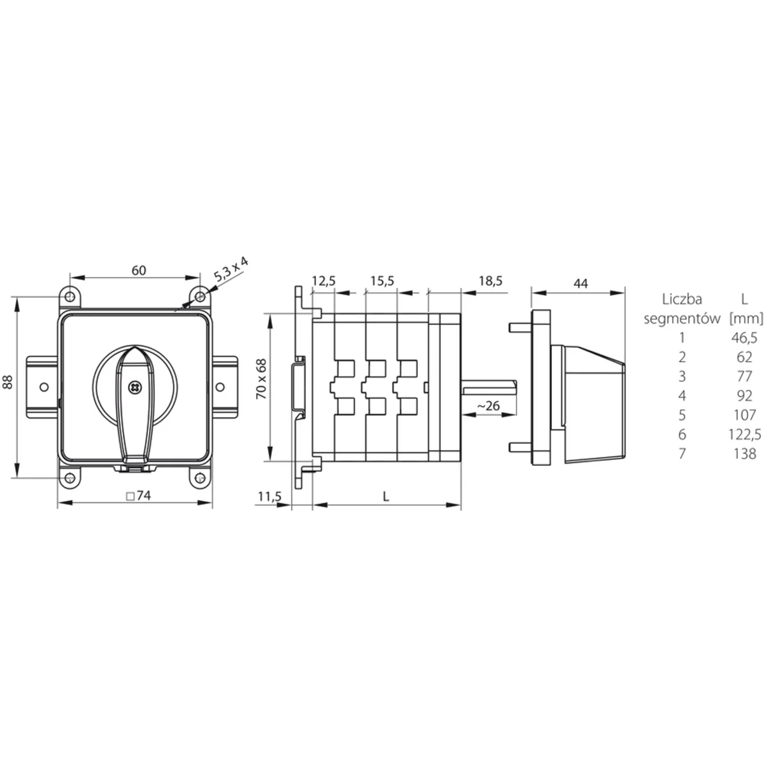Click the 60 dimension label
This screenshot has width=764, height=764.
click(x=139, y=271)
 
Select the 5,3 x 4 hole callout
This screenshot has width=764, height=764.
click(x=230, y=269)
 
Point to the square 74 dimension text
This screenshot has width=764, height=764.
click(x=138, y=495)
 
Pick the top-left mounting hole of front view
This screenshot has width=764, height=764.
click(x=70, y=297)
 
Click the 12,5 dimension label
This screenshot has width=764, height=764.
click(x=323, y=281)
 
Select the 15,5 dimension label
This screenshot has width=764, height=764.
click(x=382, y=281)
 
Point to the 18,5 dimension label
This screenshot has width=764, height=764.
click(x=490, y=281)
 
